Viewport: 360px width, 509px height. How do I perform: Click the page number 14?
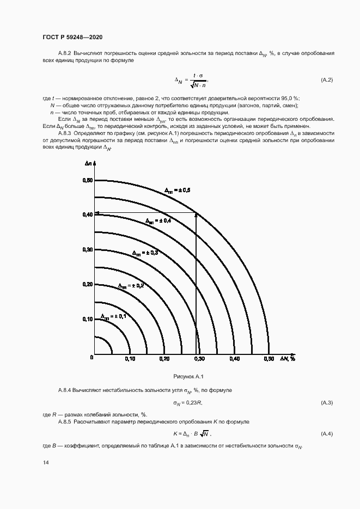(x=45, y=462)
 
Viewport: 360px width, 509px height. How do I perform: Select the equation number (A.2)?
(x=326, y=80)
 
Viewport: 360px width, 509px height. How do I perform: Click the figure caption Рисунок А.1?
(x=188, y=376)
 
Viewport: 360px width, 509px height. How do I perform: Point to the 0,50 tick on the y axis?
(x=87, y=180)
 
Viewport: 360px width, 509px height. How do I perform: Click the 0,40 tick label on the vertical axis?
(x=87, y=214)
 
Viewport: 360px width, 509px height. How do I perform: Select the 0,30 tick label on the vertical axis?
(x=87, y=249)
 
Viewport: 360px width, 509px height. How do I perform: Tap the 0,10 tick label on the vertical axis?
(x=87, y=319)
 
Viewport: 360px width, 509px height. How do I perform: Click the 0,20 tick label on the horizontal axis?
(x=164, y=359)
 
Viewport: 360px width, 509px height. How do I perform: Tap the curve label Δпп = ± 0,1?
(x=113, y=316)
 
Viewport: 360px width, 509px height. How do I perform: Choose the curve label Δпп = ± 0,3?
(x=145, y=253)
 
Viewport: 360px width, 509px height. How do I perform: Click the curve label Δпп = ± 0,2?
(x=131, y=285)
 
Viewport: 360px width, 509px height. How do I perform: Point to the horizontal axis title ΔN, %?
(x=288, y=359)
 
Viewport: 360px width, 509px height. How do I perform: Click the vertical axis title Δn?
(x=88, y=163)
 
